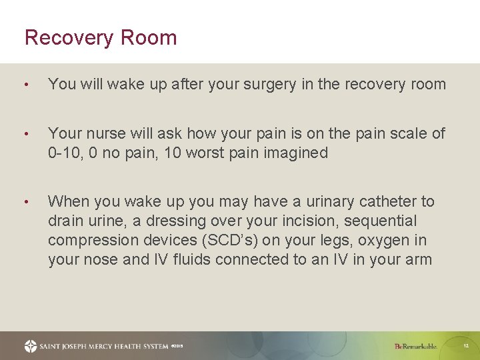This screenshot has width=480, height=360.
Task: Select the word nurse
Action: click(x=104, y=134)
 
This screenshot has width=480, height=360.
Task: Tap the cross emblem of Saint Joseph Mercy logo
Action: click(x=31, y=346)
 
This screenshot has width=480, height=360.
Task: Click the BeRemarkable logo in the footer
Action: click(x=415, y=346)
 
